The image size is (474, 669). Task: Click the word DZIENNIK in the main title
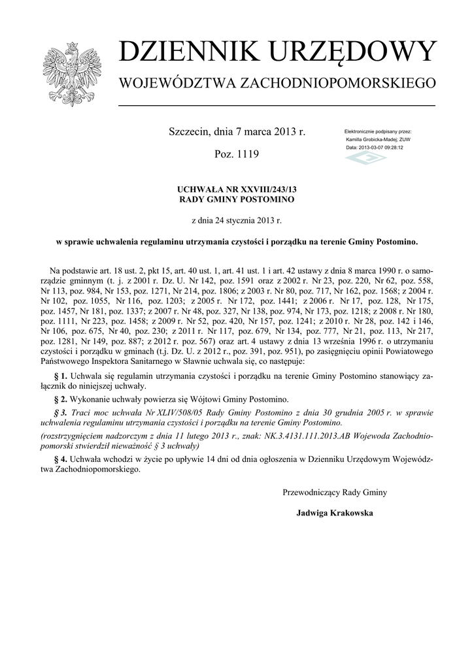184,52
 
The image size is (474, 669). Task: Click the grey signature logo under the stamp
365,159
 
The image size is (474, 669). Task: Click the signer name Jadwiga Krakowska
335,514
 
